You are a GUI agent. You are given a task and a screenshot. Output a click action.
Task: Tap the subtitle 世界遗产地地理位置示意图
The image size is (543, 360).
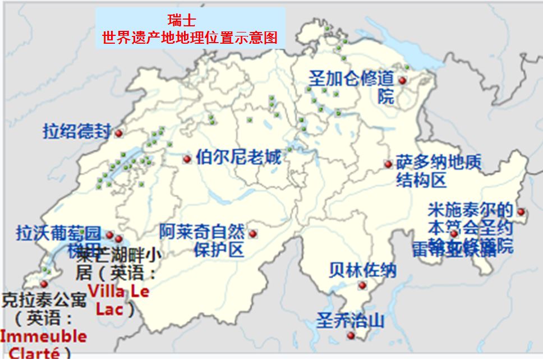coord(190,38)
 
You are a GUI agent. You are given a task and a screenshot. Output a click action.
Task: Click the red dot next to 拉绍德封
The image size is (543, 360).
coord(118,133)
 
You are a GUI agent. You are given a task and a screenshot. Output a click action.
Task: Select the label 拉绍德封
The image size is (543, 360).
coord(77,131)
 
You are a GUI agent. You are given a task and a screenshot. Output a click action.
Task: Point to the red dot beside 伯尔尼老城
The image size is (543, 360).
coord(187,159)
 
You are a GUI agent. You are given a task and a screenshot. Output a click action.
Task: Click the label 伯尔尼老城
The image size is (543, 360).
coord(238,157)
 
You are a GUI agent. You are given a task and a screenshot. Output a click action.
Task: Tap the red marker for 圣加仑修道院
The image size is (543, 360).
coord(402,81)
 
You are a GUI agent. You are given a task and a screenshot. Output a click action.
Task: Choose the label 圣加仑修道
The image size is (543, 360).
coord(351,79)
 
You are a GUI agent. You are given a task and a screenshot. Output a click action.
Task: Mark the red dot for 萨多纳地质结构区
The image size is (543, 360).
coord(388,164)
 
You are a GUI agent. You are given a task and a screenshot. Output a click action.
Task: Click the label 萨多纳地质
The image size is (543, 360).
coord(439,163)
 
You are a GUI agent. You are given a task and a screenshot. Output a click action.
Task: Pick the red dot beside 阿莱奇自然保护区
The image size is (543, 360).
coord(252,234)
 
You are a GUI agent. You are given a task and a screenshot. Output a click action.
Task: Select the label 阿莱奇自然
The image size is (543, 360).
coord(202,231)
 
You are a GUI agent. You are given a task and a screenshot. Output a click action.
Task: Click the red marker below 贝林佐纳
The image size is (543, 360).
coord(362,285)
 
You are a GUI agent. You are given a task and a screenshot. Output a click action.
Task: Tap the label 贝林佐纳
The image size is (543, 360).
coord(362,270)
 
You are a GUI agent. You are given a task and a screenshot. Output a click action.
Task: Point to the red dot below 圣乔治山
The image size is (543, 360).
coord(351,335)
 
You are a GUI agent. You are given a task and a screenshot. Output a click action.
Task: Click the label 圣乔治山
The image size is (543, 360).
coord(351,321)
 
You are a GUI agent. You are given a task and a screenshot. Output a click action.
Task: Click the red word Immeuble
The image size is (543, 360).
coord(43,336)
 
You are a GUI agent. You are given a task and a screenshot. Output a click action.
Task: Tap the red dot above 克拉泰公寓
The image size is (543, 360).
coord(44,284)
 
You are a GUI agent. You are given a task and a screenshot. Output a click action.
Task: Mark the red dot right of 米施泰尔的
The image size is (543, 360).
coord(521,212)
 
